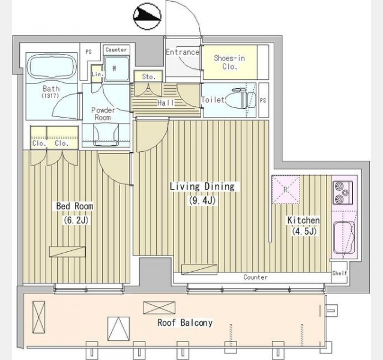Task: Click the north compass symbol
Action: (x=147, y=16)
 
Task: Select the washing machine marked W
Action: (x=116, y=68)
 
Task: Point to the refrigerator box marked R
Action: (x=286, y=189)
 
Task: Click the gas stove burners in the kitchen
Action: (x=343, y=193)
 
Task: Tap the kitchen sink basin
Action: (x=344, y=238)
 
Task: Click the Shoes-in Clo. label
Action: (x=229, y=62)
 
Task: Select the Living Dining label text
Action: (x=202, y=187)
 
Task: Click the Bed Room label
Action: (x=74, y=206)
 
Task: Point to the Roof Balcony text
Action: (x=185, y=323)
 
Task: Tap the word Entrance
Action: (x=182, y=52)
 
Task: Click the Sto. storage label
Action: (x=149, y=77)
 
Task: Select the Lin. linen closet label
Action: (x=98, y=74)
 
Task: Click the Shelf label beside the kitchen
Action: (x=340, y=273)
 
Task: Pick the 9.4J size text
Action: (x=202, y=200)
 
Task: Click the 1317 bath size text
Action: (x=50, y=95)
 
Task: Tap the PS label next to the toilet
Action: (x=263, y=100)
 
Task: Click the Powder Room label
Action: (x=103, y=114)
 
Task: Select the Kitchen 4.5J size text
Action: (x=304, y=232)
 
